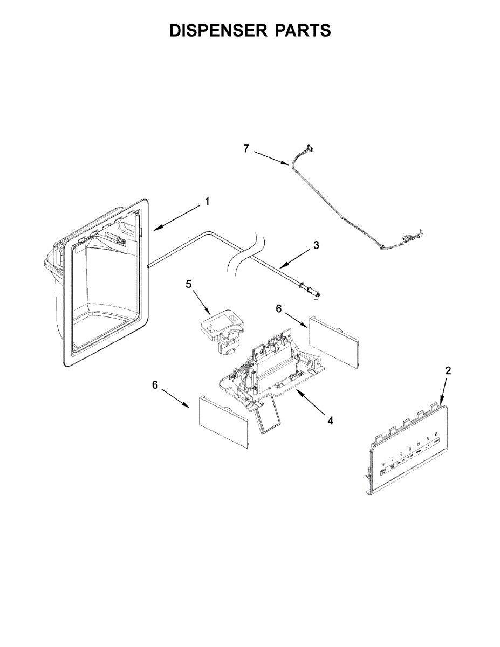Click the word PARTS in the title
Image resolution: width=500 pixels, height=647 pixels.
tap(303, 31)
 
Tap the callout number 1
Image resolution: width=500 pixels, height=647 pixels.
tap(207, 202)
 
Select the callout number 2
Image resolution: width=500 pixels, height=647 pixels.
tap(448, 370)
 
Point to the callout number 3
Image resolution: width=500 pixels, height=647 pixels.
tap(316, 245)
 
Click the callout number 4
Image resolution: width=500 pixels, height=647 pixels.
tap(330, 420)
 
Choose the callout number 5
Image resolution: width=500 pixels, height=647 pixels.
tap(189, 284)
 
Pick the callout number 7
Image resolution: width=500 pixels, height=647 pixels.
tap(246, 149)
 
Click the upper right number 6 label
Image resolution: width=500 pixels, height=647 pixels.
tap(279, 308)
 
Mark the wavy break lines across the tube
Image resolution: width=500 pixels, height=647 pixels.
tap(246, 253)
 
